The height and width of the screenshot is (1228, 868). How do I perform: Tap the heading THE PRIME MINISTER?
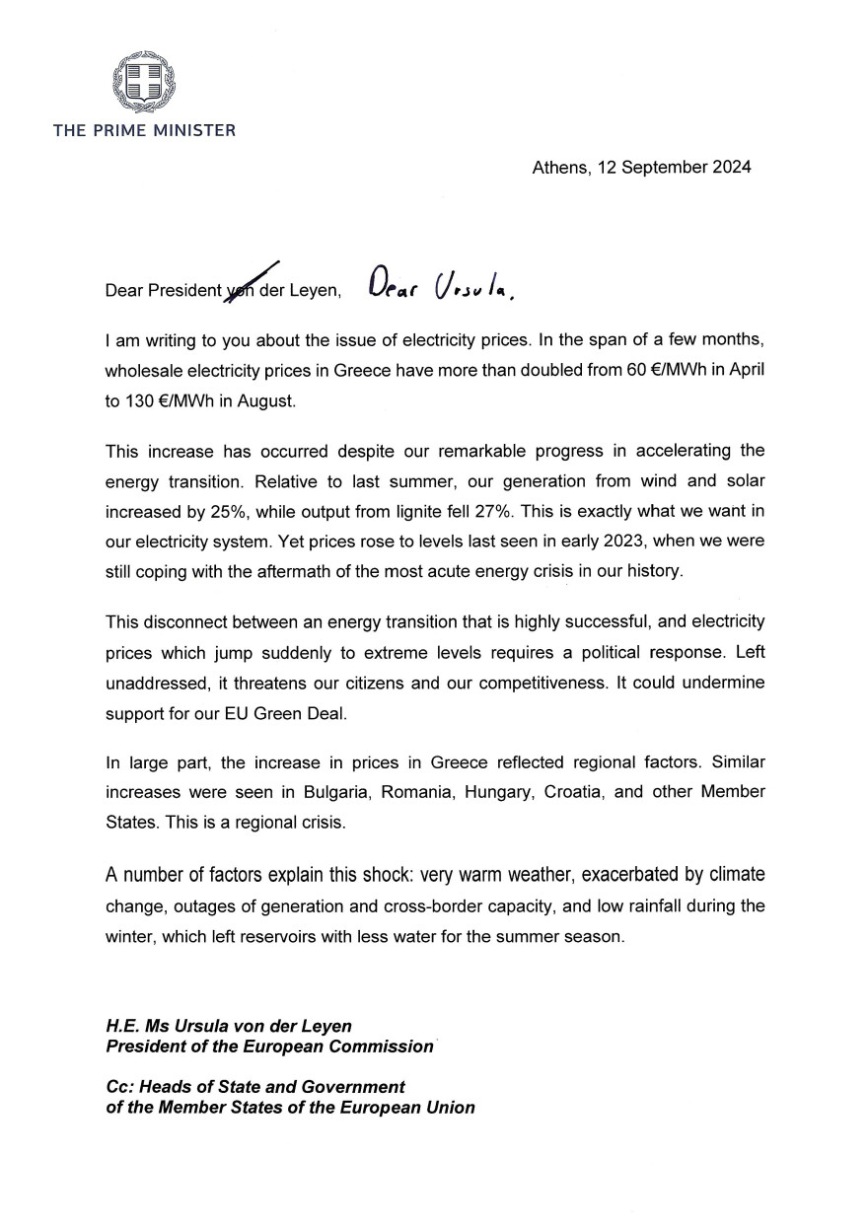click(144, 130)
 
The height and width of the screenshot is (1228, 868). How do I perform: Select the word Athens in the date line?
click(558, 167)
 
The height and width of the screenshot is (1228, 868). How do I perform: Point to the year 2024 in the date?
click(729, 167)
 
